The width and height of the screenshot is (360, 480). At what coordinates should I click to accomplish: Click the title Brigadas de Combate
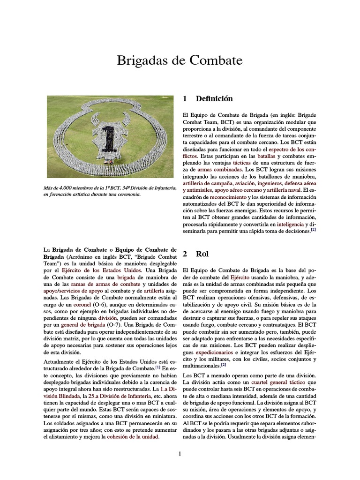(x=180, y=61)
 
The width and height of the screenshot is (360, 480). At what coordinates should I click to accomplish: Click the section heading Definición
(x=208, y=99)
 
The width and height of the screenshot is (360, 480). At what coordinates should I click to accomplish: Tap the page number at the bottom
(x=180, y=453)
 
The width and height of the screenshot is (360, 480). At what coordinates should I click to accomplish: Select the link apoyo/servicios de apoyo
(x=71, y=291)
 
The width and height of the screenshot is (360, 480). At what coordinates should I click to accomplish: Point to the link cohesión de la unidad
(x=133, y=437)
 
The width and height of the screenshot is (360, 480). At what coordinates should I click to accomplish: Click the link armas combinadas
(x=220, y=169)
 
